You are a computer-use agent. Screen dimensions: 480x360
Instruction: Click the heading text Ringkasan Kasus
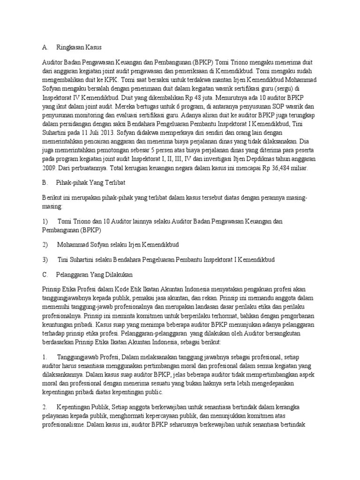[79, 47]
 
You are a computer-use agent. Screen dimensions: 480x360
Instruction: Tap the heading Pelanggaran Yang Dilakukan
[92, 274]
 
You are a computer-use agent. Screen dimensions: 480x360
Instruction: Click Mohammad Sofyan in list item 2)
[82, 245]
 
